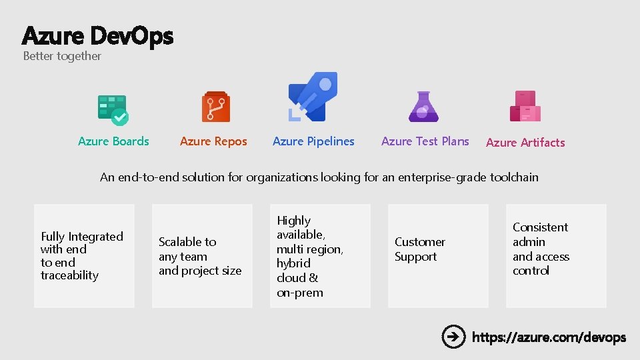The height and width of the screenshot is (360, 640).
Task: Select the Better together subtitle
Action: (x=62, y=56)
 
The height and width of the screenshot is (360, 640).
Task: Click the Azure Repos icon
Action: (x=215, y=107)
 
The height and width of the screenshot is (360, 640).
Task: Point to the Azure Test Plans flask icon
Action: (x=423, y=107)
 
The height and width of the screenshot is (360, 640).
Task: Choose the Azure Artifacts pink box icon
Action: (x=525, y=107)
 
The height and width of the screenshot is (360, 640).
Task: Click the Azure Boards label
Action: (x=113, y=141)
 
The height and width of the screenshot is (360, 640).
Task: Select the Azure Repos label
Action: (x=213, y=141)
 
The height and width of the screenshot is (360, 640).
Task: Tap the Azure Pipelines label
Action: (x=313, y=141)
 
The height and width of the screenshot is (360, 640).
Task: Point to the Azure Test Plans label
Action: (x=425, y=141)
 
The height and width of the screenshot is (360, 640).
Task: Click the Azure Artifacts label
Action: (x=525, y=143)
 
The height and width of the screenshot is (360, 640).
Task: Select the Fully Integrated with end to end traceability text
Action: (x=81, y=255)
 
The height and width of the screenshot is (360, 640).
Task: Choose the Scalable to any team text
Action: (x=199, y=256)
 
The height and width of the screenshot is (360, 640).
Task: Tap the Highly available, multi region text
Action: (x=309, y=256)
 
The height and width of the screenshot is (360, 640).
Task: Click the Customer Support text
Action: (x=419, y=249)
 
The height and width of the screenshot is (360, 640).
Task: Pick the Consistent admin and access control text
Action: (x=540, y=249)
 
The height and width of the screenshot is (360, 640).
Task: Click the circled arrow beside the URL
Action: (x=453, y=337)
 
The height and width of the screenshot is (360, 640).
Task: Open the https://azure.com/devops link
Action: (x=549, y=337)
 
